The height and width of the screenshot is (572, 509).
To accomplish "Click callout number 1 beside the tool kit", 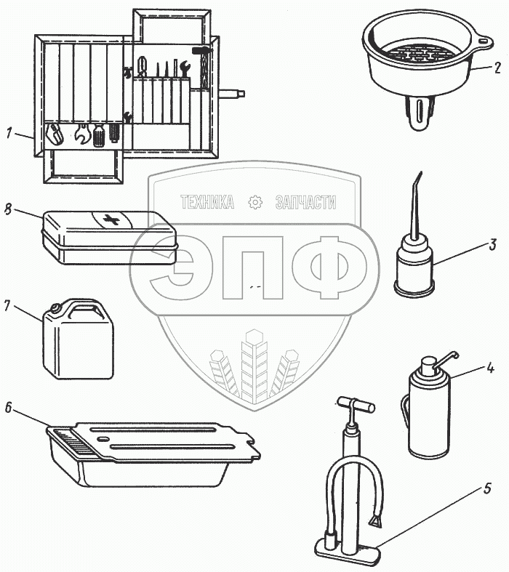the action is (9, 133).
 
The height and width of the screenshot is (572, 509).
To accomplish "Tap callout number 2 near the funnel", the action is (497, 68).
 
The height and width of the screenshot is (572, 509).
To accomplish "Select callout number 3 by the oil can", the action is (493, 244).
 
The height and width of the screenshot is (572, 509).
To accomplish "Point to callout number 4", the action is (490, 368).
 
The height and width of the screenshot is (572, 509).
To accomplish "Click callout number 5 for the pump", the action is (487, 488).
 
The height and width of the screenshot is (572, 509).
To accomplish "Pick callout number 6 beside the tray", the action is (9, 408).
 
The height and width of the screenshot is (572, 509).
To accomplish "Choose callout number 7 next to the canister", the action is (7, 306).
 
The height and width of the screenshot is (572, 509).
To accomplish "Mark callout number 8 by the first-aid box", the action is (8, 209).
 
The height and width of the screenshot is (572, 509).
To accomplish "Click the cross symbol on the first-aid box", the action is (111, 219).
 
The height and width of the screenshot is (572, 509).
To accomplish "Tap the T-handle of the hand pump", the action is (356, 404).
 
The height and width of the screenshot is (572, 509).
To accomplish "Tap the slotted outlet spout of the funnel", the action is (420, 112).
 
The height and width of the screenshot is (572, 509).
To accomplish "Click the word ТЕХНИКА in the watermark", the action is (207, 202).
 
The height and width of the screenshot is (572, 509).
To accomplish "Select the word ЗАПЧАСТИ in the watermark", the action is (306, 202).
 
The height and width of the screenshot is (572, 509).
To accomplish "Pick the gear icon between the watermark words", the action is (255, 202).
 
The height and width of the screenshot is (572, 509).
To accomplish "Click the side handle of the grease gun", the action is (405, 409).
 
